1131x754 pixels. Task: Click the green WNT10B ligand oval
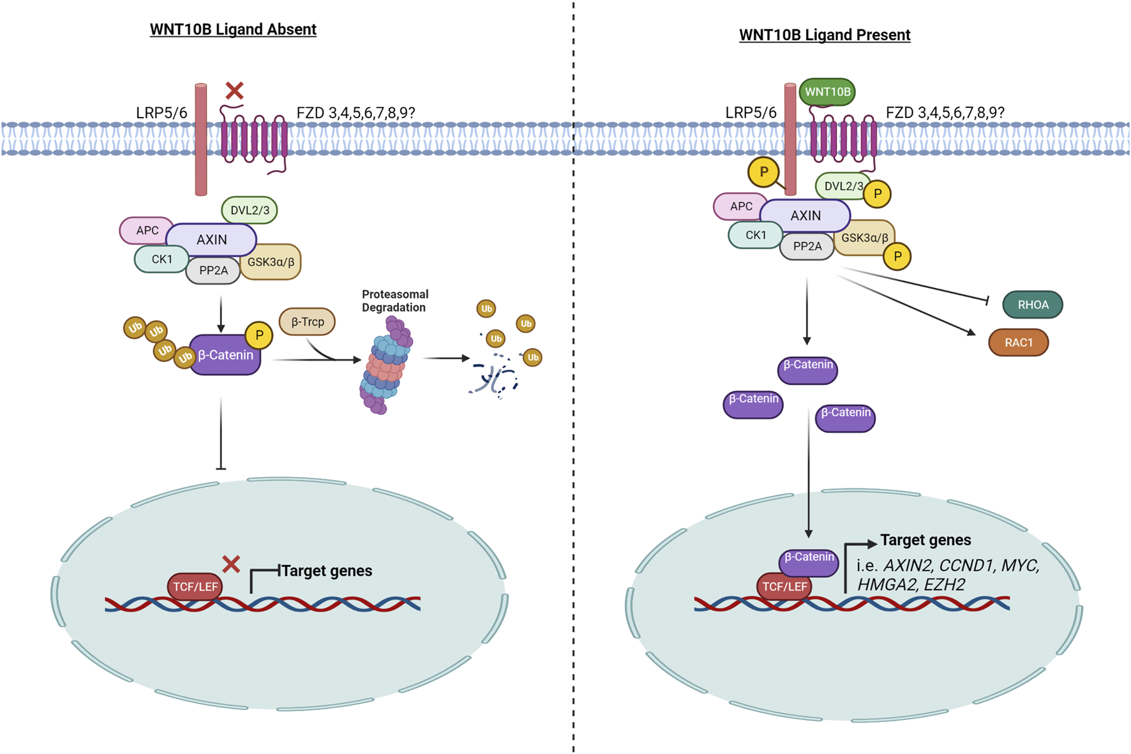[827, 92]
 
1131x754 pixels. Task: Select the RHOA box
[1032, 305]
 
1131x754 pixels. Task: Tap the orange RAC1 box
[1018, 343]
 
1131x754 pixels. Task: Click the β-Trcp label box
[307, 322]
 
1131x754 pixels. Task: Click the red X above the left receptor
[234, 91]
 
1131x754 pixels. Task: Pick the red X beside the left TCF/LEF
[231, 564]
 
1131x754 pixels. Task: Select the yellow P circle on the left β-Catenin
[258, 335]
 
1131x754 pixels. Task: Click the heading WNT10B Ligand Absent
[233, 29]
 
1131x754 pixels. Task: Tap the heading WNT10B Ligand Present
[824, 35]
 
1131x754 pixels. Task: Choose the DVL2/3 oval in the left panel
[250, 210]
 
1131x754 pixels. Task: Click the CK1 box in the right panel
[755, 235]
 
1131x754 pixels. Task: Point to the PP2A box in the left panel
[213, 271]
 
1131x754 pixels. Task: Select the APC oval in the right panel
[740, 206]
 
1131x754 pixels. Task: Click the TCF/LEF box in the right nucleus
[784, 586]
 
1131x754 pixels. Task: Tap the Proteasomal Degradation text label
[394, 301]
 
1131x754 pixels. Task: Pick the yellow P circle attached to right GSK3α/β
[897, 257]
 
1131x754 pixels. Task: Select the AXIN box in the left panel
[211, 240]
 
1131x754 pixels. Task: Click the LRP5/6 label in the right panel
[751, 113]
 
